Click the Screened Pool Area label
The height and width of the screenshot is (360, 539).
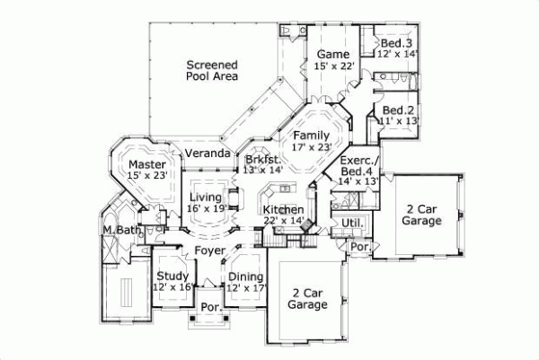212,71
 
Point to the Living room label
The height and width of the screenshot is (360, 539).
205,197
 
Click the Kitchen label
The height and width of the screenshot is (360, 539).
283,209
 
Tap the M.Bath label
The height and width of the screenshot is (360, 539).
118,232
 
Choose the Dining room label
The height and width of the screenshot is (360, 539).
244,277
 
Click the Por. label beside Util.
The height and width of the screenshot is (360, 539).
360,246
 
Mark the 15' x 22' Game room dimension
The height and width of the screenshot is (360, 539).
334,66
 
